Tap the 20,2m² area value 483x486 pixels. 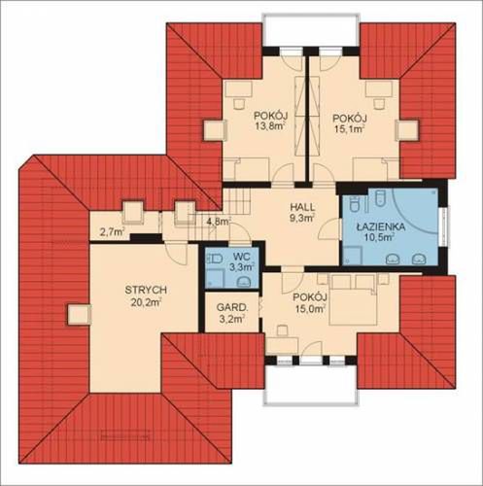tap(147, 302)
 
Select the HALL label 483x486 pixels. tap(302, 206)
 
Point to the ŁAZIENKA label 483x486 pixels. tap(381, 226)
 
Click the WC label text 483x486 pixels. tap(241, 257)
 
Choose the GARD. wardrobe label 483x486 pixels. tap(232, 307)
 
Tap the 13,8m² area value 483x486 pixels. tap(271, 126)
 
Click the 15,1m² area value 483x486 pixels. tap(350, 129)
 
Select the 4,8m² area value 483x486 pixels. tap(219, 222)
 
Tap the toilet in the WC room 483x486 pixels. tap(214, 259)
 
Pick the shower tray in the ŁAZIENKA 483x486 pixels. tap(353, 255)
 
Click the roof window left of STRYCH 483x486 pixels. tap(80, 314)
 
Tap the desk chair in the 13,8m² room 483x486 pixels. tap(239, 103)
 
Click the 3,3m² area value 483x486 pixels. tap(241, 267)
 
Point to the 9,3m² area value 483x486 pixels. tap(302, 218)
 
